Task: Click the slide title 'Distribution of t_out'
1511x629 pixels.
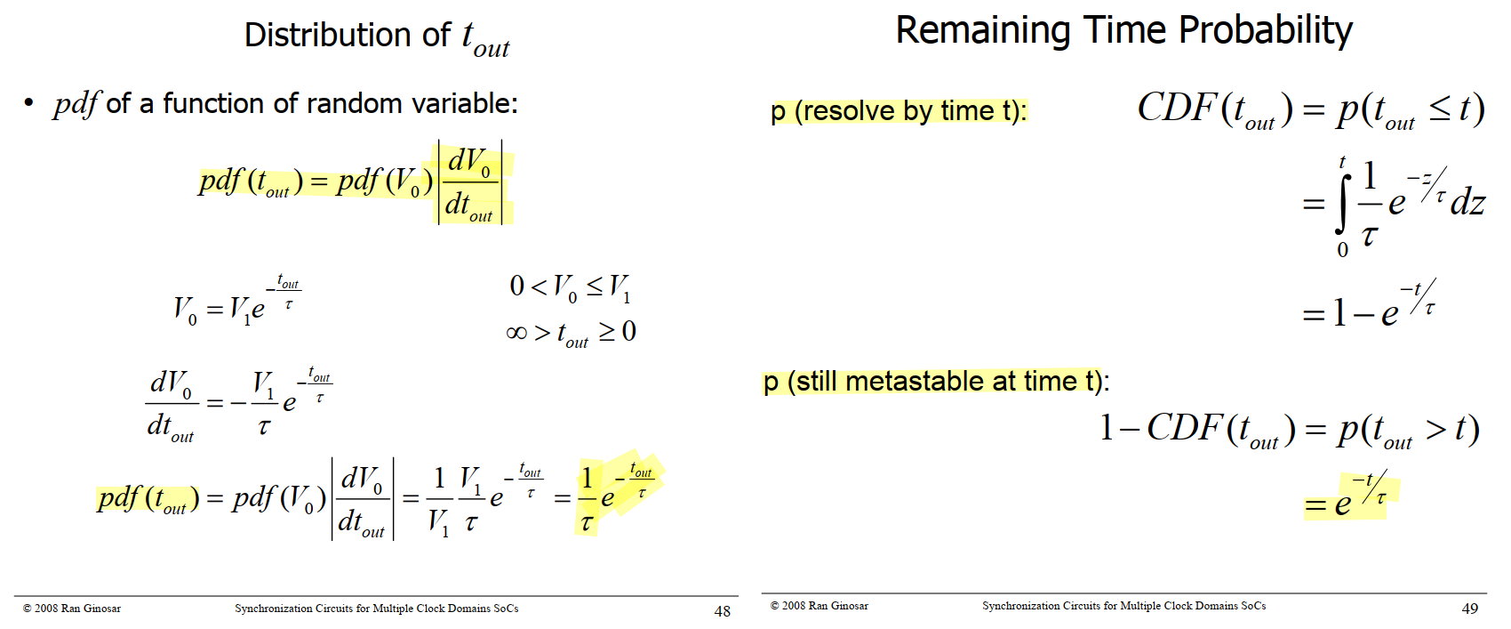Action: [x=376, y=37]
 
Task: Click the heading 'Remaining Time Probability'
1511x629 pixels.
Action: [x=1123, y=31]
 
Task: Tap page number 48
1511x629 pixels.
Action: [x=722, y=611]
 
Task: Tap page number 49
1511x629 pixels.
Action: [x=1469, y=608]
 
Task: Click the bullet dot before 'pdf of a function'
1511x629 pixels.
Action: [x=28, y=102]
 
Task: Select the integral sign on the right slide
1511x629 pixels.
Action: [x=1342, y=204]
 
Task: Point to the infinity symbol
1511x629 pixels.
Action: [x=516, y=333]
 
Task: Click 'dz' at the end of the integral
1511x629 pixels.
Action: [x=1467, y=203]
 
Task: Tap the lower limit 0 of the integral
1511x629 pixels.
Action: [x=1342, y=250]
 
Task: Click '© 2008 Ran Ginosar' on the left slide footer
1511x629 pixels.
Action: [x=72, y=608]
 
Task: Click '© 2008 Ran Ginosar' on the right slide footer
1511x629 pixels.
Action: [x=819, y=605]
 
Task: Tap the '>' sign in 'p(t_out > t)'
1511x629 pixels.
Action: [x=1435, y=429]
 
